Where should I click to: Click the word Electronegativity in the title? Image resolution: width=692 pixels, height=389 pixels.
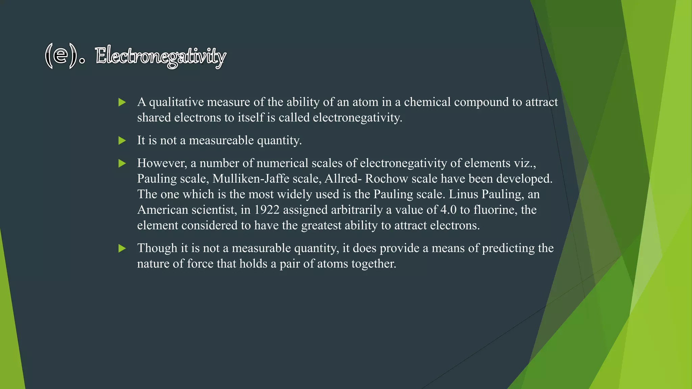pyautogui.click(x=160, y=56)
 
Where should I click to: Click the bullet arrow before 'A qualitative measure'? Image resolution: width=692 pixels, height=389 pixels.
pyautogui.click(x=122, y=102)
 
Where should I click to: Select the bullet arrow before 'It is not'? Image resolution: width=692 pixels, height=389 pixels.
pyautogui.click(x=122, y=140)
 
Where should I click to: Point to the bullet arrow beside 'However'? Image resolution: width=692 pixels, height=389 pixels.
pyautogui.click(x=122, y=163)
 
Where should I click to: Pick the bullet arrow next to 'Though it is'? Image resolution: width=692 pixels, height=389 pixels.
pyautogui.click(x=122, y=249)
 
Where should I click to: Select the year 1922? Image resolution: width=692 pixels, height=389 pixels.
pyautogui.click(x=267, y=210)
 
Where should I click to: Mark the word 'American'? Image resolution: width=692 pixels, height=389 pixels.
pyautogui.click(x=163, y=210)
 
